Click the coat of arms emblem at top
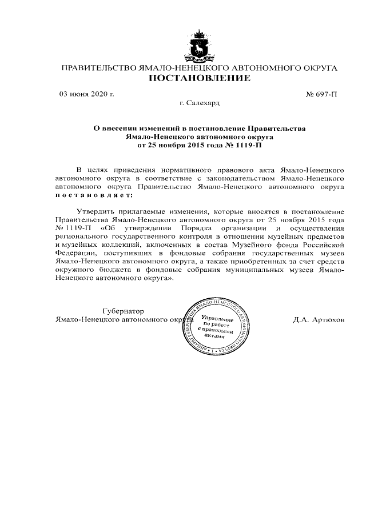[200, 45]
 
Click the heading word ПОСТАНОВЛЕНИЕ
[200, 78]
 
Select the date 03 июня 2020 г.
[87, 94]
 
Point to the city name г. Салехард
[200, 103]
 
